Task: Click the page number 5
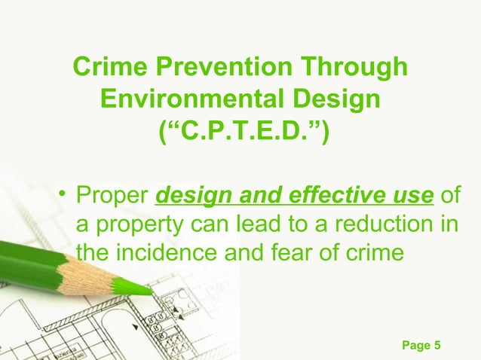pyautogui.click(x=438, y=345)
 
